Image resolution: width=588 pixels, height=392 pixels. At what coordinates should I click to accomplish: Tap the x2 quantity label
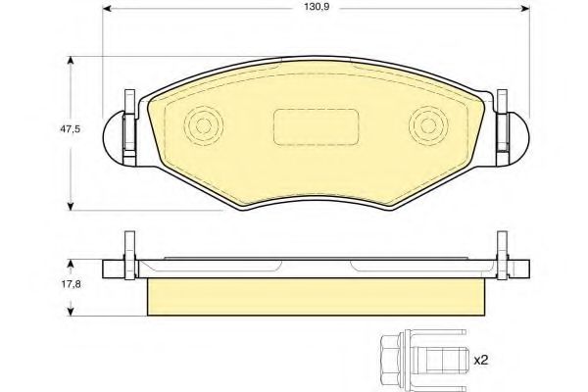480,359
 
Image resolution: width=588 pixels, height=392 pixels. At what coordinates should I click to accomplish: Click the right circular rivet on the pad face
426,125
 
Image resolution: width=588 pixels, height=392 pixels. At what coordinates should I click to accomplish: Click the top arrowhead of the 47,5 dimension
71,61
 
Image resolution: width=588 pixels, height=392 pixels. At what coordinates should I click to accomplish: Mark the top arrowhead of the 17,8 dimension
71,262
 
